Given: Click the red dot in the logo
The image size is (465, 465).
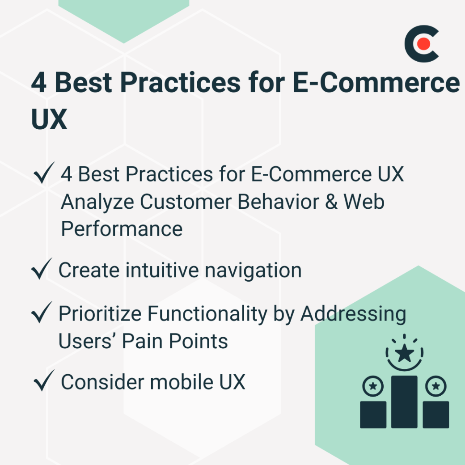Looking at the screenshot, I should point(423,44).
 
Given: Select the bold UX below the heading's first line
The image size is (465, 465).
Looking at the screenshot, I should point(49,118).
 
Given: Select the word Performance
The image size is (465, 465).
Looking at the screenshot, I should point(122,229).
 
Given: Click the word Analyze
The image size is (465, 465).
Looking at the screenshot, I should point(97,202).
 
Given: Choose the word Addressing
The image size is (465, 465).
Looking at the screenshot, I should point(353,314).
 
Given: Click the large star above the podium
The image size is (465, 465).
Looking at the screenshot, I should point(405,354).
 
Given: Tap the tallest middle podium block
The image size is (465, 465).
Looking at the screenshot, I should point(404,402).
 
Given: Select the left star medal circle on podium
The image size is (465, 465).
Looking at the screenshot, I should point(373,385).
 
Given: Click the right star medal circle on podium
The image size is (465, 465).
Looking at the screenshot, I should point(436,385).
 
